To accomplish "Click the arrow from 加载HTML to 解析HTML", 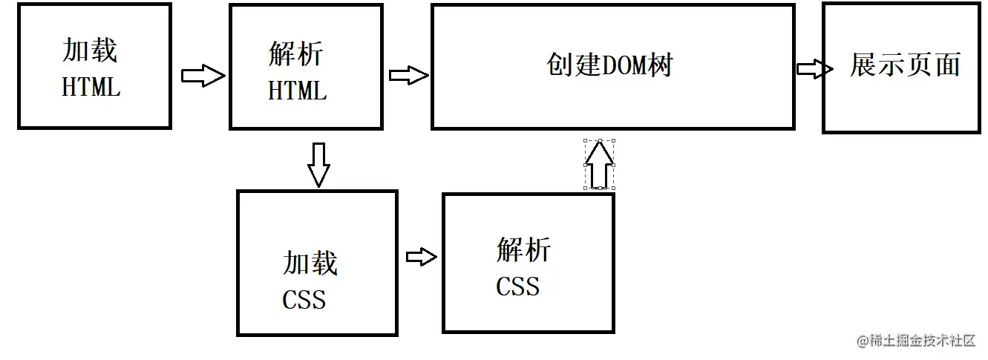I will click(203, 76).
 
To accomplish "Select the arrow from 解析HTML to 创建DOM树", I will click(408, 75).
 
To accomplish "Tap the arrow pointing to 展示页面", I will click(814, 69).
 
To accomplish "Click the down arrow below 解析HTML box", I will click(318, 165).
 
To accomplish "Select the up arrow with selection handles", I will click(599, 164).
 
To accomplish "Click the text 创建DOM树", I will click(609, 65).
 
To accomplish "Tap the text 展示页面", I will click(905, 65).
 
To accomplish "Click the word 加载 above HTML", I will click(90, 50).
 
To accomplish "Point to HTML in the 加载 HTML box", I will click(91, 88).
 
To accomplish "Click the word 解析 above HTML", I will click(295, 54).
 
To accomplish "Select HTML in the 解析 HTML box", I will click(297, 91).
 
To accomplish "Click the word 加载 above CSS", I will click(310, 264).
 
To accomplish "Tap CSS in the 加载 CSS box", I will click(304, 300).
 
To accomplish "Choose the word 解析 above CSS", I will click(523, 250).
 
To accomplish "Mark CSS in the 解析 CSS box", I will click(517, 287).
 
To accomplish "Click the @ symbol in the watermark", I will click(862, 341).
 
